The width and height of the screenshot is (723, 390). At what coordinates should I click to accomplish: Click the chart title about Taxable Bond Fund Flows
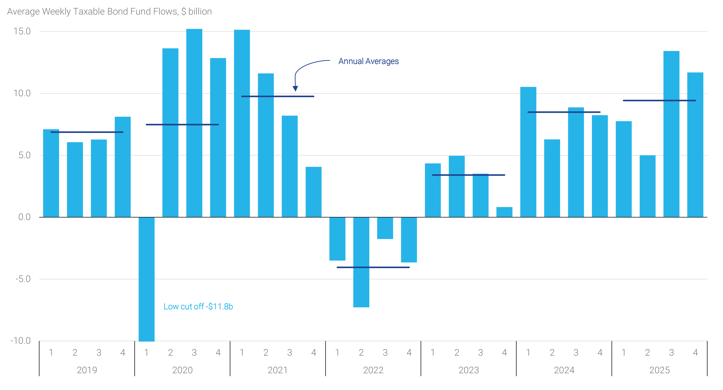[x=109, y=12]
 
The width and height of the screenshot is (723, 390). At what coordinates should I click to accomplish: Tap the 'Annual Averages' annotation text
[x=368, y=61]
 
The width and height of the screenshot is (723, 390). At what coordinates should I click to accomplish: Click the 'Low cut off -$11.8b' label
[x=198, y=306]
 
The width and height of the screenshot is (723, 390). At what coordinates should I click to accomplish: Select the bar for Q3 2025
[x=671, y=157]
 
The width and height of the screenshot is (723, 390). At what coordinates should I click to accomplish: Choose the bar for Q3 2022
[x=385, y=228]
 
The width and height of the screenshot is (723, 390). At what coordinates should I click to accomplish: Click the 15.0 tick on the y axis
[x=22, y=31]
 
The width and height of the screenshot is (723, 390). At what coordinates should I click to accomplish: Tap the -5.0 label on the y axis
[x=23, y=279]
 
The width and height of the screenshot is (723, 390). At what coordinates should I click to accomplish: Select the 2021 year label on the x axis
[x=278, y=370]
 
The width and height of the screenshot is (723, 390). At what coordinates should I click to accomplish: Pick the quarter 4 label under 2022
[x=409, y=352]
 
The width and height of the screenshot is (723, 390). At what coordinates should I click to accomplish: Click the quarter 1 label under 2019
[x=51, y=352]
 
